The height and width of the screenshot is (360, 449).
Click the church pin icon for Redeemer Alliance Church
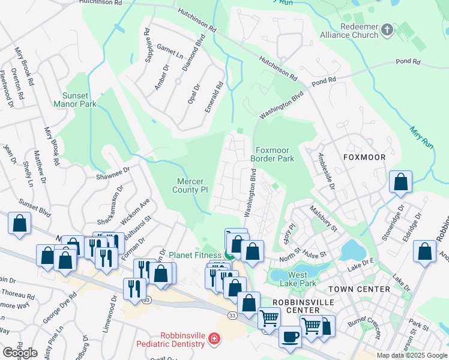pos(388,29)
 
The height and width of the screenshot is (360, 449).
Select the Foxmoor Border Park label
pos(274,154)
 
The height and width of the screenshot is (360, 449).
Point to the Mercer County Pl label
pos(192,185)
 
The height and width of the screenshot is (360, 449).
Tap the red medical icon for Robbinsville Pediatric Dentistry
pos(214,340)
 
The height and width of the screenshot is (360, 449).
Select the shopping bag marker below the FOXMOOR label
pos(400,182)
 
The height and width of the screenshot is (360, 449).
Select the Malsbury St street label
pos(324,218)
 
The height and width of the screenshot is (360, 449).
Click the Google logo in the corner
pos(20,353)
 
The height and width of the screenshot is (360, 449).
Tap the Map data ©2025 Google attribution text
pos(412,355)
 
